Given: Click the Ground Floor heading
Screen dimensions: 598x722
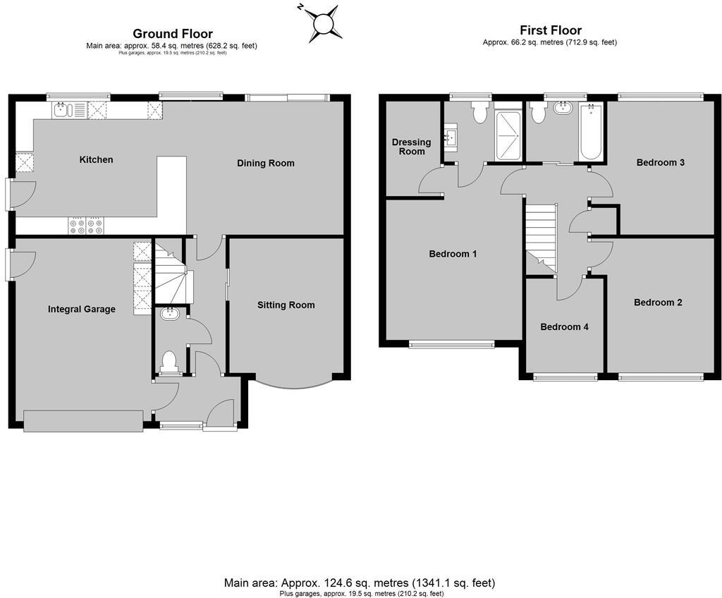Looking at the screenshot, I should point(173,34).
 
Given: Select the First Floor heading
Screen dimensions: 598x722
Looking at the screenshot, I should point(551,30).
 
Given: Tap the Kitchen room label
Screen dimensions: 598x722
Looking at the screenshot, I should point(96,160).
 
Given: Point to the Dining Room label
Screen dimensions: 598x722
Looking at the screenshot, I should point(265,163).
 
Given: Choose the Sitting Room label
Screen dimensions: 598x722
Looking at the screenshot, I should point(286,305).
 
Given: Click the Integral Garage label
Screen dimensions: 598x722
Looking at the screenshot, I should point(82,309).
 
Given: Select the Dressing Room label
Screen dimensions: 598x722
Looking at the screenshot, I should point(411,147).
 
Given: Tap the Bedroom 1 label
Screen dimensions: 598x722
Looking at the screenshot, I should point(453,254).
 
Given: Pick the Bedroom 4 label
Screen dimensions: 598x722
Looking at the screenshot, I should point(564,327).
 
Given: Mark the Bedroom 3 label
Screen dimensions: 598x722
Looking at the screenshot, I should point(661,163).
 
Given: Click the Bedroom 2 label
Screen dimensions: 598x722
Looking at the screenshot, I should point(658,303).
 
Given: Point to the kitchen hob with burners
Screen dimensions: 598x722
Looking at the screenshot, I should point(85,225).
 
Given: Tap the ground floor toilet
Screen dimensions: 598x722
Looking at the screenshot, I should point(169,360).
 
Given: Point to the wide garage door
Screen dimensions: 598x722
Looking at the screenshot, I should point(83,420).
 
